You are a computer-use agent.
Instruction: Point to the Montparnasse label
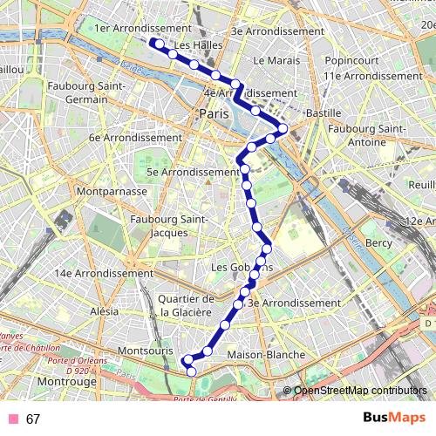click(x=109, y=189)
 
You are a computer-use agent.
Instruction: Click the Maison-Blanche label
click(x=265, y=355)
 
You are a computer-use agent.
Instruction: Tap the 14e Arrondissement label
click(x=104, y=273)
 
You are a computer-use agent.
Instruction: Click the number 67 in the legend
click(x=33, y=419)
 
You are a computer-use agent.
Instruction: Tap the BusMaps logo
click(x=392, y=418)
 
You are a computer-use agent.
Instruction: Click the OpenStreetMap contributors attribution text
click(x=361, y=390)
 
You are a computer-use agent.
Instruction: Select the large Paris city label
click(x=212, y=114)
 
